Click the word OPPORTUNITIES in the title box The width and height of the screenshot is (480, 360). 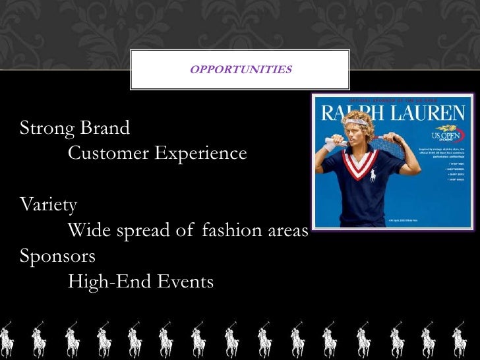(x=241, y=69)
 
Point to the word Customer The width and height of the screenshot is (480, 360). (x=108, y=154)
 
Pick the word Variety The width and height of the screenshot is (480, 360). (x=49, y=205)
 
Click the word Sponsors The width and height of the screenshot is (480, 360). (x=58, y=256)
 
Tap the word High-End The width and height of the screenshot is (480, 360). (x=109, y=282)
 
